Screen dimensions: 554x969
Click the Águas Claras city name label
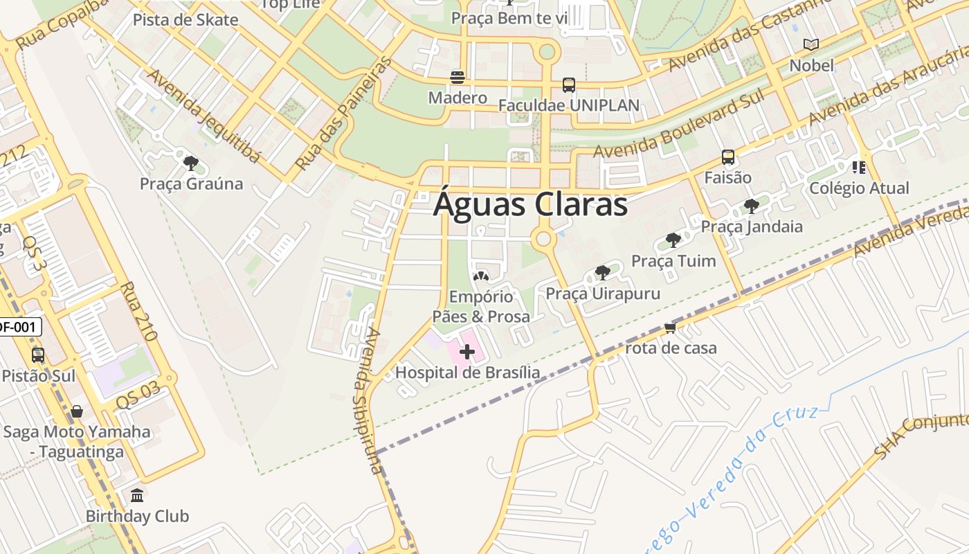[530, 205]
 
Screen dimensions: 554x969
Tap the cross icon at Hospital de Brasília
[467, 352]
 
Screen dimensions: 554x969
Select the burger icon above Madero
[457, 77]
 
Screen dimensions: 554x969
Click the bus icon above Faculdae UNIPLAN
[569, 85]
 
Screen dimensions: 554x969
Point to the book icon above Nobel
[811, 45]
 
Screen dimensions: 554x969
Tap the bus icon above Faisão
[728, 157]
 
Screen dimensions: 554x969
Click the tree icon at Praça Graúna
[191, 163]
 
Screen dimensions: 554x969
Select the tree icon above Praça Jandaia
[752, 206]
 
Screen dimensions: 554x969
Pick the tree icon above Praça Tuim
[672, 240]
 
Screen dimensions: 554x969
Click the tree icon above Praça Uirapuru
[603, 272]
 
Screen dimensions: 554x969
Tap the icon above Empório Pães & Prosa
[480, 276]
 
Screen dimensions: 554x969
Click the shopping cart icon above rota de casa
[670, 328]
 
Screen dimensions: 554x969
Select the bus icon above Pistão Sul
[38, 355]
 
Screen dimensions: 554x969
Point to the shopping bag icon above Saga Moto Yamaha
[77, 411]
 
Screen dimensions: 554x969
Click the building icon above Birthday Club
[137, 496]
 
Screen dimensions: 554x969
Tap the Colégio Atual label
[859, 188]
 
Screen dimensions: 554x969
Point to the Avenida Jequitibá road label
[204, 116]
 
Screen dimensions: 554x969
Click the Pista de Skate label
[185, 19]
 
